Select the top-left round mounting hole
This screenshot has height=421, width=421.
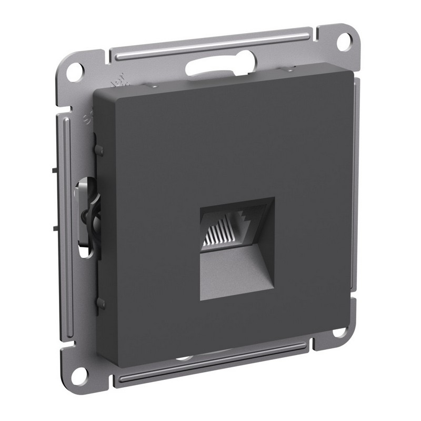tap(75, 71)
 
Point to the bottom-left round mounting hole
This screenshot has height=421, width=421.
tap(80, 374)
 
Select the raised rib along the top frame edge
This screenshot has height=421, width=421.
tap(210, 46)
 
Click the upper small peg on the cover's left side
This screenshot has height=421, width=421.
tap(99, 150)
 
